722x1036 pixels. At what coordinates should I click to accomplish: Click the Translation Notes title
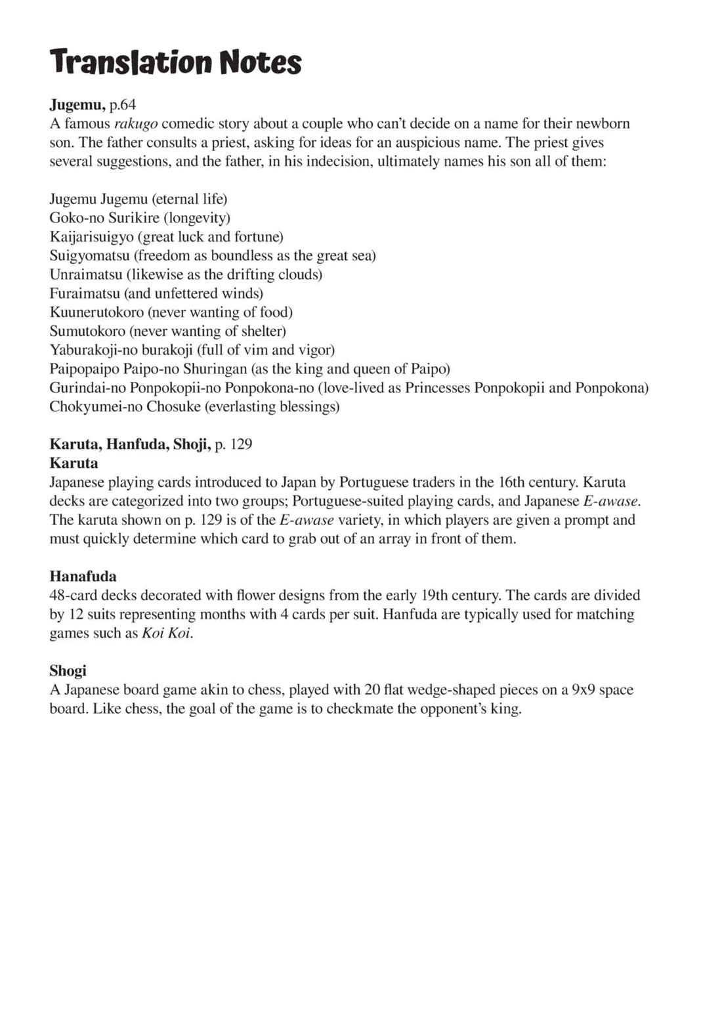pos(175,62)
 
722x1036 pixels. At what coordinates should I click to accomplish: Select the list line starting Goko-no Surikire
pos(140,218)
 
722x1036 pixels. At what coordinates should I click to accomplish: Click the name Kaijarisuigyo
pos(91,237)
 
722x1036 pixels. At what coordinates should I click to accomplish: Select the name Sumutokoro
pos(87,331)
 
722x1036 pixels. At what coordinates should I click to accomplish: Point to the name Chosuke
pos(173,407)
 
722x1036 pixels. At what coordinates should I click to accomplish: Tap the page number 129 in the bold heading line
pos(242,444)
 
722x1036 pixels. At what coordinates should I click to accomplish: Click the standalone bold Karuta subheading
pos(74,463)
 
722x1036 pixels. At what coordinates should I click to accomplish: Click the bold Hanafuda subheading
pos(83,577)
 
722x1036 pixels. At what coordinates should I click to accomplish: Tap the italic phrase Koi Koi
pos(167,634)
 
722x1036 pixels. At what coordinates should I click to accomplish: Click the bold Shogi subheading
pos(68,671)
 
